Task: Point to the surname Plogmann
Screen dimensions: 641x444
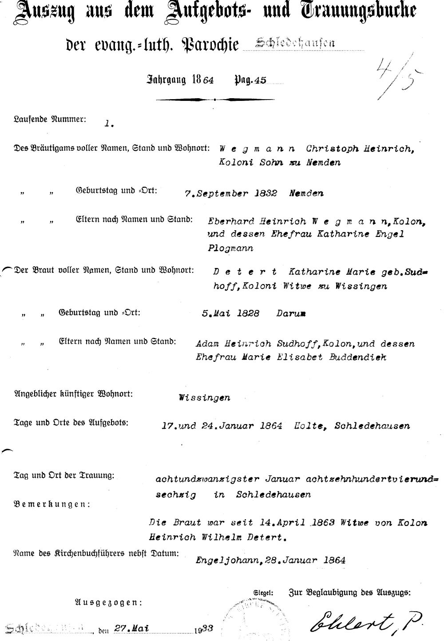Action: point(230,248)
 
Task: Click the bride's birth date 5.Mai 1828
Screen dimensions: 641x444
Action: point(230,313)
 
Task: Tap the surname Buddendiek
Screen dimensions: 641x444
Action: point(357,357)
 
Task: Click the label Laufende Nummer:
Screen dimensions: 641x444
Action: point(50,119)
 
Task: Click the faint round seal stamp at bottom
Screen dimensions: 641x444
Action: point(249,620)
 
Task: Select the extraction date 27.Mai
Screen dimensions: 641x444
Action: point(131,628)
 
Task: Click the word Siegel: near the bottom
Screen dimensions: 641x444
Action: point(263,593)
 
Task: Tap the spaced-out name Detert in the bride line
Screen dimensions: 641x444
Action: point(245,272)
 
